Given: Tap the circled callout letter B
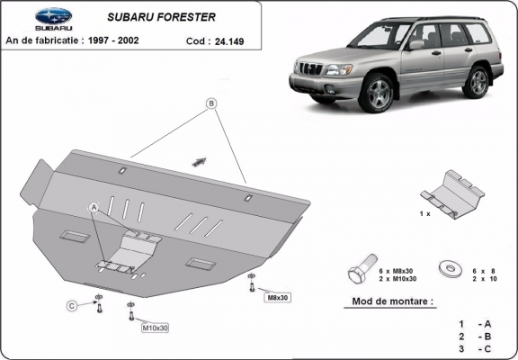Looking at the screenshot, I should click(x=212, y=103).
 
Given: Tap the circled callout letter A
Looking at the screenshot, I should click(x=93, y=207).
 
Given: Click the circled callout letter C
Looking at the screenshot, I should click(x=71, y=307).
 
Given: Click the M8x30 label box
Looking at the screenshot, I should click(x=277, y=297).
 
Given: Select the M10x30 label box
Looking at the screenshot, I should click(x=155, y=328).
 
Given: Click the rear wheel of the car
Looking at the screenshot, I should click(x=478, y=81).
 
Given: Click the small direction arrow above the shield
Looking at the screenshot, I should click(x=198, y=162).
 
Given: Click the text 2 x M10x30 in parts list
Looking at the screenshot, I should click(x=397, y=279).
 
